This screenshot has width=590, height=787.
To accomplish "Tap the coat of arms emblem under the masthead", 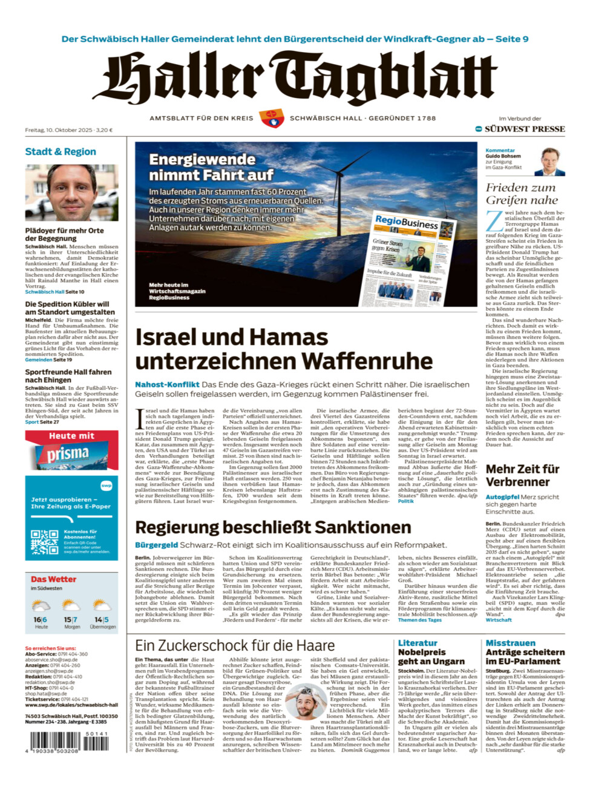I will (x=271, y=118).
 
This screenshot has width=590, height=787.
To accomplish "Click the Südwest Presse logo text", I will (x=524, y=129).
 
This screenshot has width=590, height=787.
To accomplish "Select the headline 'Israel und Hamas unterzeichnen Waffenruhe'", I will (x=284, y=349).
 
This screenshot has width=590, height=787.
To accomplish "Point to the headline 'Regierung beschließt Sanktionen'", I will (x=273, y=527).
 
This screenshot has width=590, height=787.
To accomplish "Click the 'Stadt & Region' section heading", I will (x=61, y=151).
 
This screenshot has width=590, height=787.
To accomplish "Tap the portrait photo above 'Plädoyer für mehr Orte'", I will (x=71, y=192).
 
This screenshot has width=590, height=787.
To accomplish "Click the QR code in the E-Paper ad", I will (x=45, y=542).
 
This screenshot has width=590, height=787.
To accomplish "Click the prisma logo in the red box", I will (x=68, y=453).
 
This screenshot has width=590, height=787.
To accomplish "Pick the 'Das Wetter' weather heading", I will (x=53, y=579).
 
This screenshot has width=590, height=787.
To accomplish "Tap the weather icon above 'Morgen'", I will (x=71, y=605).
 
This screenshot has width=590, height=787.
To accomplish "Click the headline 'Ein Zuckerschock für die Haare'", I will (x=234, y=646).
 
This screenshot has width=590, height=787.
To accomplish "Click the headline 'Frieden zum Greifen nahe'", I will (x=522, y=194).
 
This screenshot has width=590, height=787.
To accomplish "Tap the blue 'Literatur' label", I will (x=418, y=643).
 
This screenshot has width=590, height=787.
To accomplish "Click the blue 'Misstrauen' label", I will (x=510, y=643).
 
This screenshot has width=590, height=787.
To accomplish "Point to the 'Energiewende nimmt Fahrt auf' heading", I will (x=211, y=167).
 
